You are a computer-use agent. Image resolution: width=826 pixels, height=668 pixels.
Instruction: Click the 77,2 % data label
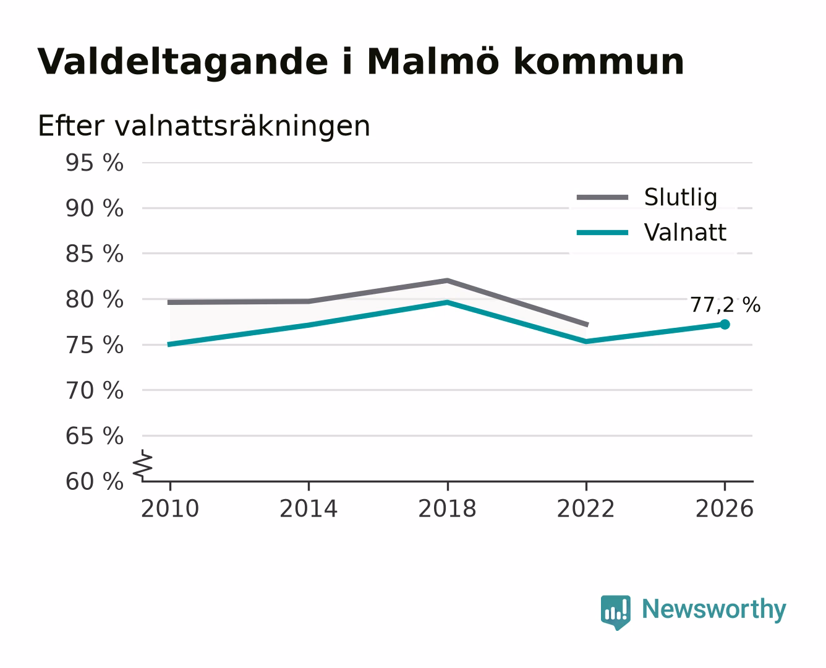click(x=725, y=305)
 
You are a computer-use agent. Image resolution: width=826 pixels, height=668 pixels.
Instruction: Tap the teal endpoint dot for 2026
click(x=725, y=324)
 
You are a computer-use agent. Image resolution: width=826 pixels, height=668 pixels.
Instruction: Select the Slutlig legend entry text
click(x=681, y=197)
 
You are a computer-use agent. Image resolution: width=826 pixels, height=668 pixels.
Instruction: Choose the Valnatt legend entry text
click(x=685, y=233)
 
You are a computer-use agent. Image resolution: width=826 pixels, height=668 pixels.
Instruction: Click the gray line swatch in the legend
click(x=602, y=197)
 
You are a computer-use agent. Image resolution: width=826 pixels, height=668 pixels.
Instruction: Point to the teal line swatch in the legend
click(x=602, y=233)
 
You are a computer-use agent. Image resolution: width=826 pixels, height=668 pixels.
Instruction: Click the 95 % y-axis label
click(x=94, y=163)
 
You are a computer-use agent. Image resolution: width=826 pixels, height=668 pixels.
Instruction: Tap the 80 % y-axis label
click(x=94, y=299)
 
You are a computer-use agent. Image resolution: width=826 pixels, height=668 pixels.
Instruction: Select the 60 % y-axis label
click(x=94, y=482)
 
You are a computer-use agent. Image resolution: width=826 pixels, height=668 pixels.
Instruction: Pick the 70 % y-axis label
click(x=94, y=390)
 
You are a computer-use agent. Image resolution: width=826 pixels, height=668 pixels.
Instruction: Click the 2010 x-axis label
click(x=170, y=508)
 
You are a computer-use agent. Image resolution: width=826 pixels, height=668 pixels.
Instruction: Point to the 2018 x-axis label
click(x=447, y=508)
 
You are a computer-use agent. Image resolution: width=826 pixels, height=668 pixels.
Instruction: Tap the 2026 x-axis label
click(x=725, y=508)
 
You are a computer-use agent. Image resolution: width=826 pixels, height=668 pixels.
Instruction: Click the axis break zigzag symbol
click(x=143, y=465)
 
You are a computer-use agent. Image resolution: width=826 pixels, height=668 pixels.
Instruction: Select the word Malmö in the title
click(x=433, y=62)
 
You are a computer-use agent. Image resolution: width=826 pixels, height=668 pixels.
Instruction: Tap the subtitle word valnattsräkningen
click(x=242, y=126)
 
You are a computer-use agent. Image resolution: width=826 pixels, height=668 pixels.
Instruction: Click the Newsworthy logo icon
click(x=615, y=612)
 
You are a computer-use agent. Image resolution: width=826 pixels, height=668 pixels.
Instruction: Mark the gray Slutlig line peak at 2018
click(x=447, y=280)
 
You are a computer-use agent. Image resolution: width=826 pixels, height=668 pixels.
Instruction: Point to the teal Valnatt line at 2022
click(x=586, y=341)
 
